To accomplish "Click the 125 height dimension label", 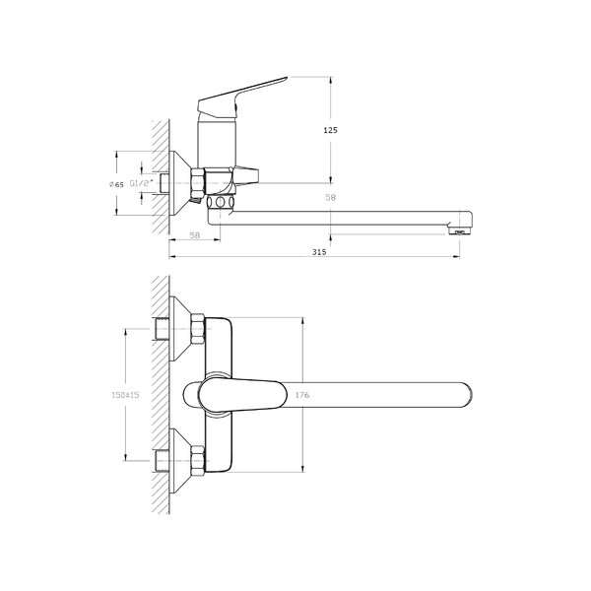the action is point(331,130).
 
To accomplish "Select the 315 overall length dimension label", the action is point(319,252).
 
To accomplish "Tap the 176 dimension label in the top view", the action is point(302,395).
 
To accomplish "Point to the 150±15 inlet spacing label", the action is point(125,395).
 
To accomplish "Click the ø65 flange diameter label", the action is point(116,184).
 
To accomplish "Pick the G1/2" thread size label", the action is point(142,183).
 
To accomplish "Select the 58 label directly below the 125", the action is point(330,197).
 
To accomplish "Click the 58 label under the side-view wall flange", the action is point(194,235).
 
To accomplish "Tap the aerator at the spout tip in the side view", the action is point(459,230).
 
